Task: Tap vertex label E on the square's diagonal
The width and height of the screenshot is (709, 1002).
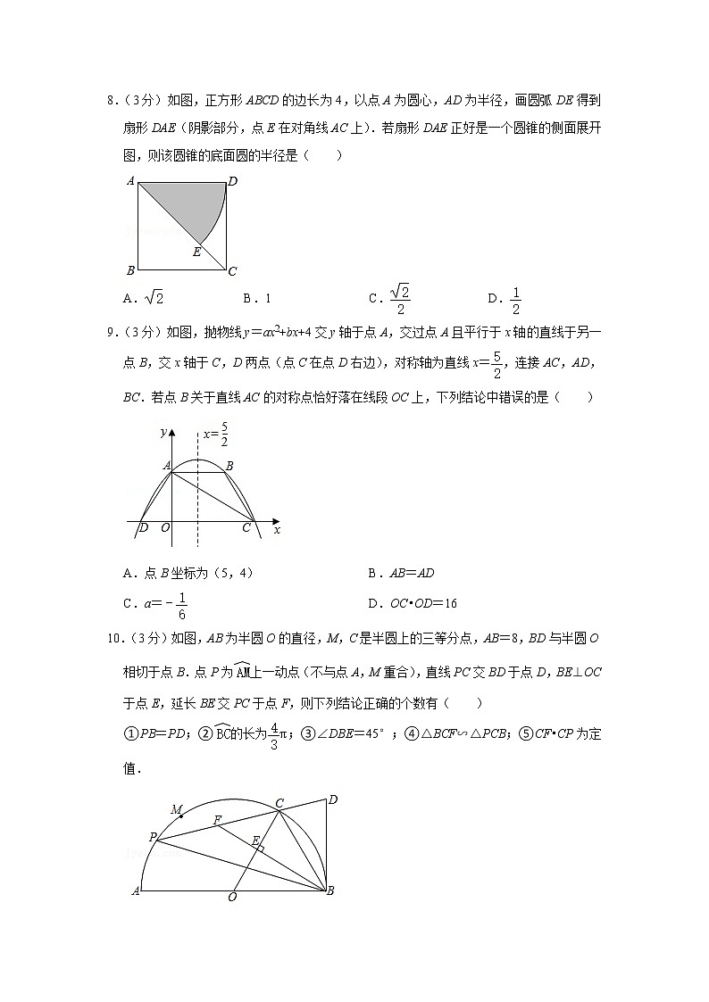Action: [x=196, y=253]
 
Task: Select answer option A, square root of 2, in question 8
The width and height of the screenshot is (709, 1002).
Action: [x=144, y=299]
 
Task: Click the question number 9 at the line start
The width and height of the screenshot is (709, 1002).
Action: [x=110, y=334]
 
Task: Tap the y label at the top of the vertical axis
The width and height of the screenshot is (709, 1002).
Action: [x=163, y=432]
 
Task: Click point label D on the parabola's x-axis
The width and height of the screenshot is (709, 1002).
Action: [x=144, y=528]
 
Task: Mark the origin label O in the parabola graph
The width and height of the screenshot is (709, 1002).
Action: [x=165, y=528]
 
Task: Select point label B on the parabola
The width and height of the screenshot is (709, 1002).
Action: [x=229, y=465]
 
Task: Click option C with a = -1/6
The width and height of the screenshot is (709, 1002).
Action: [x=156, y=604]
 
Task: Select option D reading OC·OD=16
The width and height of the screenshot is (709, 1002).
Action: [x=413, y=604]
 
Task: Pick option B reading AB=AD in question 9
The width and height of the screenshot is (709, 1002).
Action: [x=403, y=574]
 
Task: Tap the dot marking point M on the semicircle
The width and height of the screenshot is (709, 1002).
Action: [x=182, y=815]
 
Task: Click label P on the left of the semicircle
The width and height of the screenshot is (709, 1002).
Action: [x=154, y=837]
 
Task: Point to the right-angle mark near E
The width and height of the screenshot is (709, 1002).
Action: [x=261, y=849]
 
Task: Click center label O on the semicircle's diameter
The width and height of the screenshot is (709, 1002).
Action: [x=232, y=897]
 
